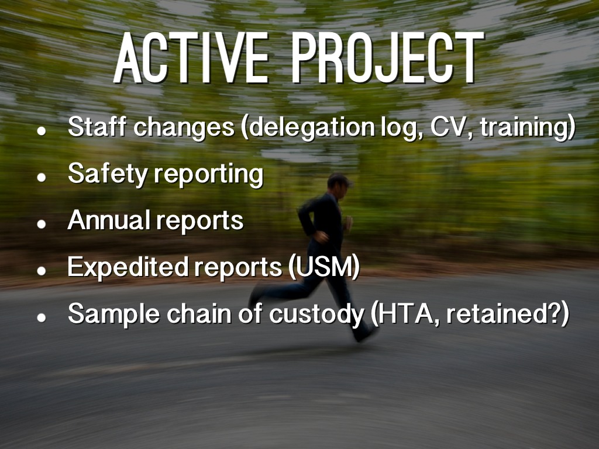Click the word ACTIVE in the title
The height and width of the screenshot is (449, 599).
pyautogui.click(x=191, y=58)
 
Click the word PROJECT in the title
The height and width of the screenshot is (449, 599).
pyautogui.click(x=387, y=58)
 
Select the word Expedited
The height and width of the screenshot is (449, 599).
pyautogui.click(x=128, y=267)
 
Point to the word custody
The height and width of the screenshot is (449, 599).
pyautogui.click(x=316, y=314)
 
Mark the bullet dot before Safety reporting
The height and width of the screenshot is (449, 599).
pyautogui.click(x=42, y=177)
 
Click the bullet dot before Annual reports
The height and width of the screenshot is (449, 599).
pyautogui.click(x=42, y=224)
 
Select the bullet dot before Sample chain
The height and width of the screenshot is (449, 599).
pyautogui.click(x=42, y=317)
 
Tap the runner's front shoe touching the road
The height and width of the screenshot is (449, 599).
pyautogui.click(x=365, y=334)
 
